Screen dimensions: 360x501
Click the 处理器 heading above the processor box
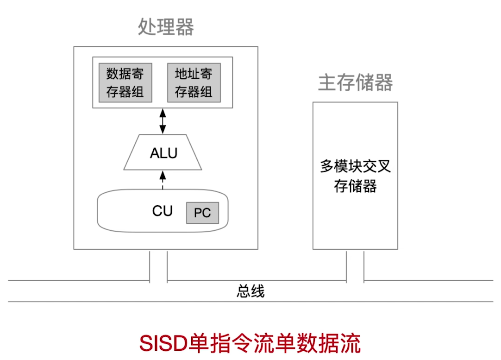(x=166, y=28)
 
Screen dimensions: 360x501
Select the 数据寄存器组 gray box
(x=125, y=82)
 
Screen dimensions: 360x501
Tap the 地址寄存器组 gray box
(x=194, y=82)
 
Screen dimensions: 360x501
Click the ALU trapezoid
(x=163, y=152)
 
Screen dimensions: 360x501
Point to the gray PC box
(x=202, y=213)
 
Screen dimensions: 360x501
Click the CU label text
(x=162, y=211)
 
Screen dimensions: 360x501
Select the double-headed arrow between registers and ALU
(x=162, y=121)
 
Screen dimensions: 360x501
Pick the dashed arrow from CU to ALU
(x=162, y=181)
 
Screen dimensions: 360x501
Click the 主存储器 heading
(x=355, y=83)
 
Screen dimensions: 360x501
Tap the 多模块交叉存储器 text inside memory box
(x=355, y=176)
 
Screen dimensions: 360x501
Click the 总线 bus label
(x=250, y=291)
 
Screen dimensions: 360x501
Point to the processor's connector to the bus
(x=158, y=266)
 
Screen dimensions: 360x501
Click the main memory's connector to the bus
(x=355, y=266)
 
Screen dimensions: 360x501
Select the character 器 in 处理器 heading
(x=184, y=28)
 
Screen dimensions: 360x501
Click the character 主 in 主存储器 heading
(x=327, y=83)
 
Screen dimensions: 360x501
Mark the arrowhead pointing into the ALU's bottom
(x=162, y=174)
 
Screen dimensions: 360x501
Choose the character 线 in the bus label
(x=258, y=291)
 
